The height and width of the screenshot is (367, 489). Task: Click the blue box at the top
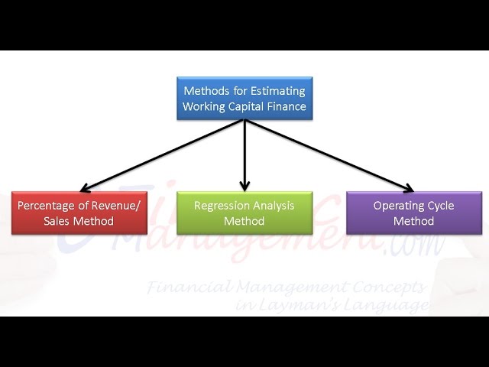(x=244, y=97)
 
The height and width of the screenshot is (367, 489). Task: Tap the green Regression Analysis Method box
(x=244, y=213)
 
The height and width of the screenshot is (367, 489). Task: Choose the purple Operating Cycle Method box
(x=413, y=213)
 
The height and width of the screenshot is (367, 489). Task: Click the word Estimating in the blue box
(x=274, y=89)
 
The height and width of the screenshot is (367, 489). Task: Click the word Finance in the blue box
(x=287, y=106)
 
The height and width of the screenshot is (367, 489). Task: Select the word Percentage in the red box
(x=47, y=205)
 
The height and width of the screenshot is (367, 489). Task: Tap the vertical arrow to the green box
(x=244, y=153)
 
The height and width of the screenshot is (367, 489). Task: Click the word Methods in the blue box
(x=207, y=89)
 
